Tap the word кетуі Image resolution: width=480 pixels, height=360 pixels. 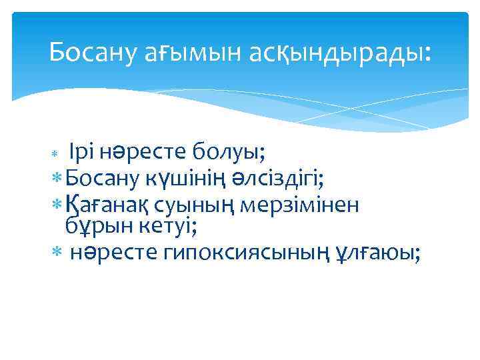(x=161, y=227)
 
